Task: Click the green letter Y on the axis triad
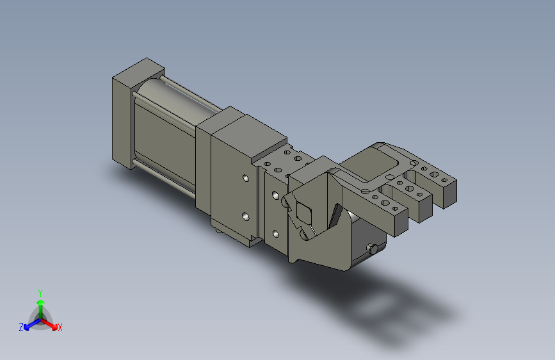[x=40, y=293]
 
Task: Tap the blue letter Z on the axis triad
[x=21, y=327]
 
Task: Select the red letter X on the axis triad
[x=60, y=327]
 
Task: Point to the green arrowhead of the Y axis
[x=41, y=302]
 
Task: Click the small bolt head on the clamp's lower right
[x=373, y=249]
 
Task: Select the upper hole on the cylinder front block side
[x=246, y=178]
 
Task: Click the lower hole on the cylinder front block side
[x=246, y=216]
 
